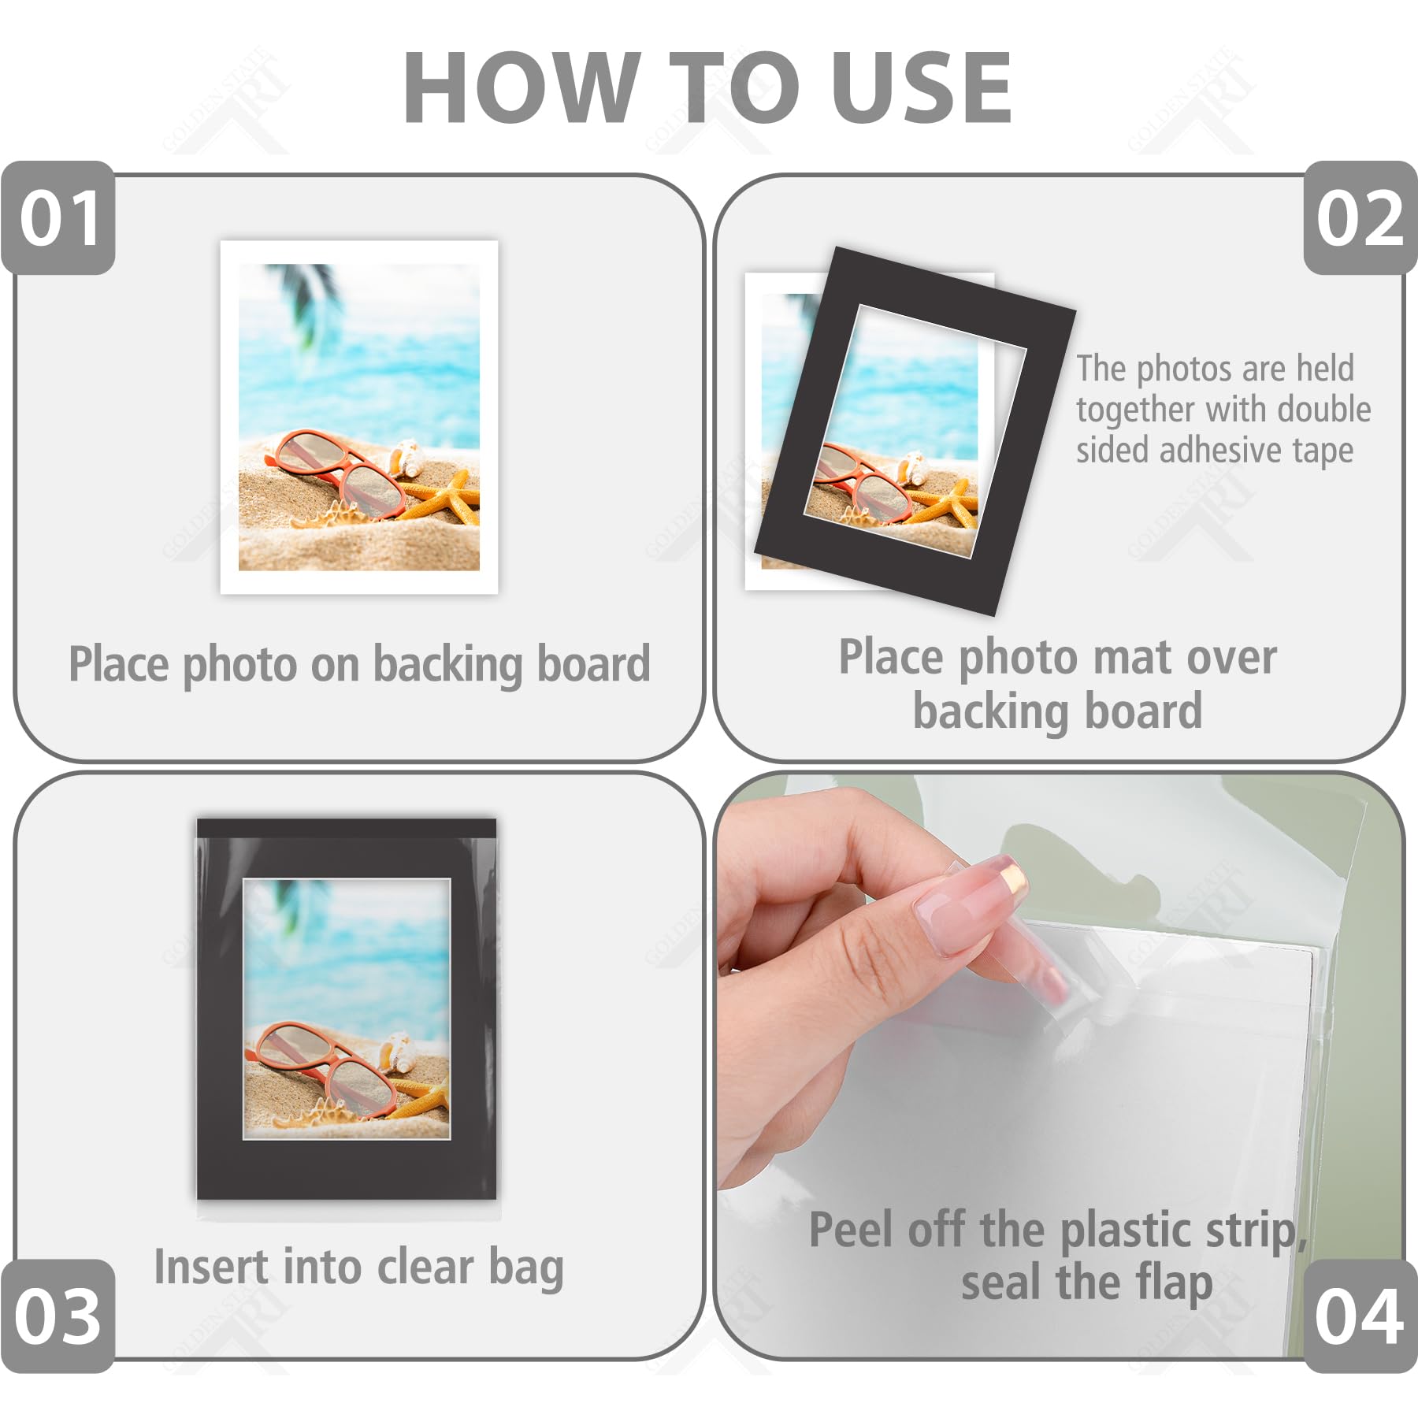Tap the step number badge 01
[59, 218]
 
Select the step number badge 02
[1360, 218]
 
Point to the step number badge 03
[58, 1316]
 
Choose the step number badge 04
[1360, 1316]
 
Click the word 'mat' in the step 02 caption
[1134, 658]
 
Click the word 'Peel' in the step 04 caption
[852, 1229]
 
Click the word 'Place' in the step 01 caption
[119, 664]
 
